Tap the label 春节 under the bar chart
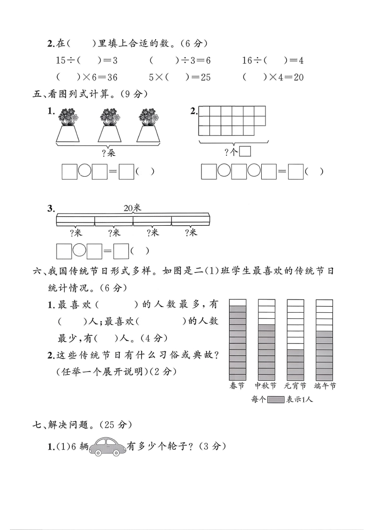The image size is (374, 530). point(237,386)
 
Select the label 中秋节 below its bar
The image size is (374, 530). point(266,386)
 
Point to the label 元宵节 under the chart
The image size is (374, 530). point(296,386)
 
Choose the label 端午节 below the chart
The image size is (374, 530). point(325,386)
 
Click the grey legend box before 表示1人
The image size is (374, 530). point(275,399)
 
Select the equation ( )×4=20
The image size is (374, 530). point(273,77)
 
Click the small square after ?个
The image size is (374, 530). point(245,152)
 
